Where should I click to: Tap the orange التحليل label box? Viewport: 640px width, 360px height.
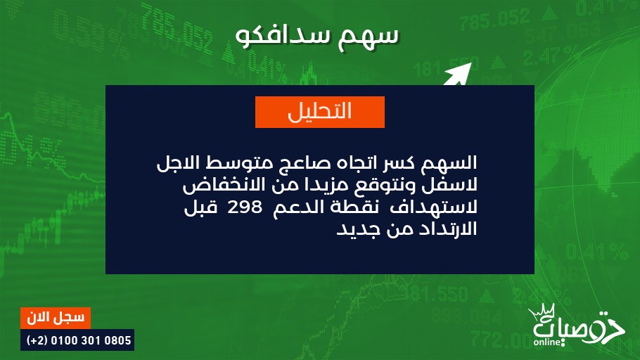coord(320,112)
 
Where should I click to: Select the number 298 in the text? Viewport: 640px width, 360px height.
coord(245,207)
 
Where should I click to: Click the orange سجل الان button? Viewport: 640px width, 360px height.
coord(56,318)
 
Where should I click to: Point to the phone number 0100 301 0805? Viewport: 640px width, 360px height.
coord(91,340)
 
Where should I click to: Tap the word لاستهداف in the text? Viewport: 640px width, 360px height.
coord(434,207)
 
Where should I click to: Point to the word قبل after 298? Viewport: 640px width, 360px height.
coord(200,207)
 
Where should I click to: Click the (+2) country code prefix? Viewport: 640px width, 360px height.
coord(37,340)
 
